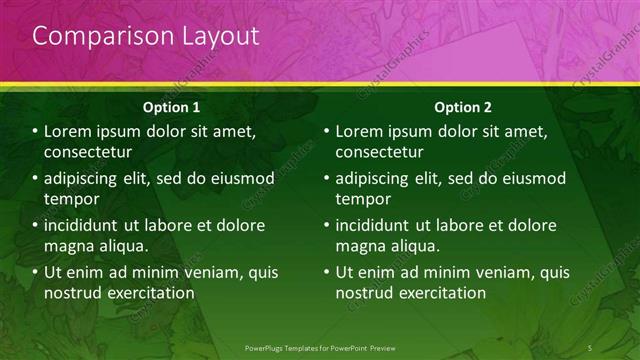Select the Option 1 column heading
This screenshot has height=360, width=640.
[171, 106]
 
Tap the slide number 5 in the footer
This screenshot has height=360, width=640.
[591, 346]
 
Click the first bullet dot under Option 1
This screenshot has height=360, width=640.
[36, 132]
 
